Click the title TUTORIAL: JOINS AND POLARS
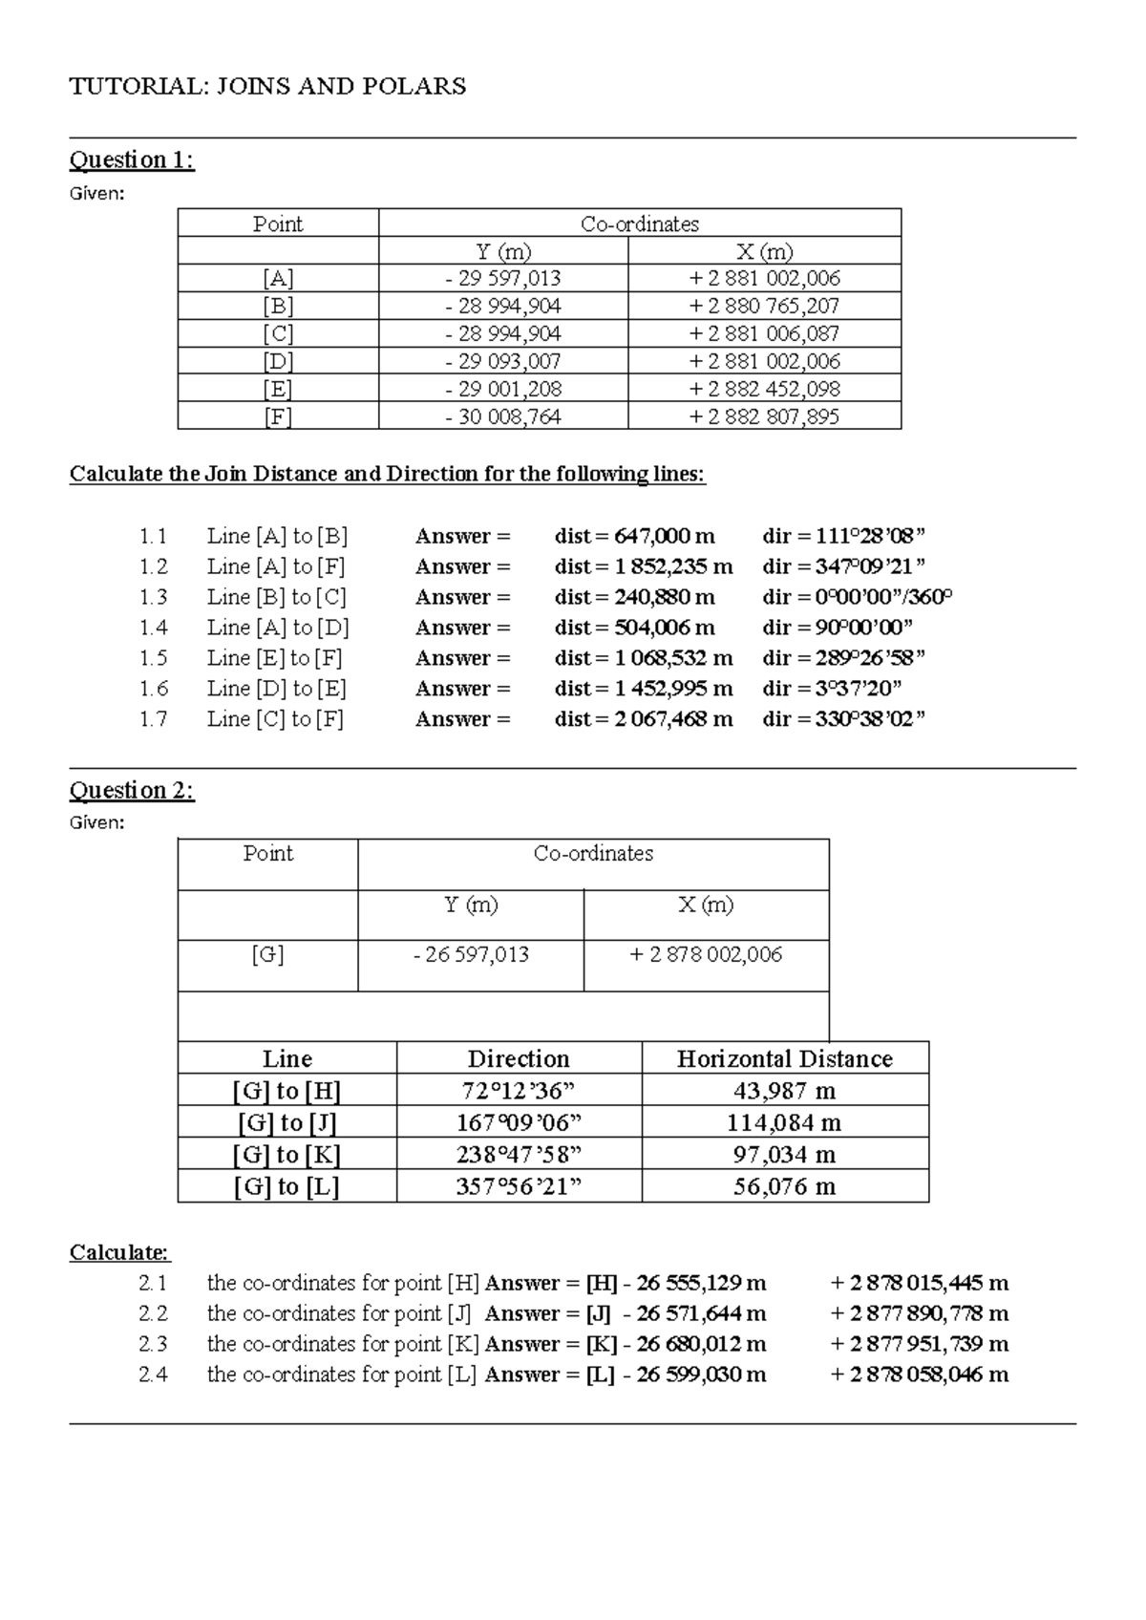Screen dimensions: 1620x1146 click(x=267, y=87)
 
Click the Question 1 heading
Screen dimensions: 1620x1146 click(x=132, y=160)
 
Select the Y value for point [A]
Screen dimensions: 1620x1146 click(x=503, y=279)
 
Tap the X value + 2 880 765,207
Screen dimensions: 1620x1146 click(x=764, y=307)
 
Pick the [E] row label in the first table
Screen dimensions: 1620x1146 click(x=278, y=390)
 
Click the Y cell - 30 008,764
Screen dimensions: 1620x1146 click(x=503, y=417)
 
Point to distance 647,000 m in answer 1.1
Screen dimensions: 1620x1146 click(x=634, y=536)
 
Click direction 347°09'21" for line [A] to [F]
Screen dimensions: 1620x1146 click(x=844, y=566)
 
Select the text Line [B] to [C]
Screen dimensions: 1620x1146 click(x=276, y=597)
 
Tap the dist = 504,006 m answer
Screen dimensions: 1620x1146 click(x=634, y=628)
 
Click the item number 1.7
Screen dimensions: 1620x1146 click(x=153, y=719)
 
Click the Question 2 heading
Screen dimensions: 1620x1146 click(x=132, y=791)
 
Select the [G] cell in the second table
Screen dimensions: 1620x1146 click(x=267, y=955)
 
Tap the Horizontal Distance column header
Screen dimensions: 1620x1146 click(x=784, y=1058)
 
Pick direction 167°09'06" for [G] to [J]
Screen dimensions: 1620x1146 click(x=519, y=1122)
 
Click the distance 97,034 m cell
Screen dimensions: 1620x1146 click(x=784, y=1155)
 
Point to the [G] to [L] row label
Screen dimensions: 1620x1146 click(x=286, y=1187)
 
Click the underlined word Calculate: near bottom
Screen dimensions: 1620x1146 click(x=119, y=1252)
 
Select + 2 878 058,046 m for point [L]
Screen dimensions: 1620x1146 click(x=920, y=1375)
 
